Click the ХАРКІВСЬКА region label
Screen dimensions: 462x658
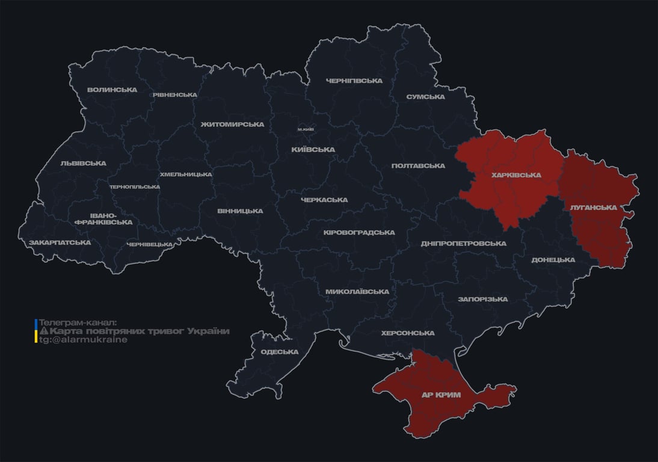(516, 175)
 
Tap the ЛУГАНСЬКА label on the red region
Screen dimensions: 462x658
(593, 208)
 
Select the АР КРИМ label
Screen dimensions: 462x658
(440, 395)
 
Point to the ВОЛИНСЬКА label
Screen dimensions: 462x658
(112, 90)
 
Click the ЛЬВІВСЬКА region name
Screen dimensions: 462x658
(83, 163)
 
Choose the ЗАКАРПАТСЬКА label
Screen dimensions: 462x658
(60, 242)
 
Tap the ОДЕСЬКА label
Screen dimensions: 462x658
(279, 352)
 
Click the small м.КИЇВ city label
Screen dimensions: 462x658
(306, 129)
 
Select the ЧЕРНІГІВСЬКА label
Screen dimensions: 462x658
(354, 81)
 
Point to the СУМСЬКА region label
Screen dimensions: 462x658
(425, 97)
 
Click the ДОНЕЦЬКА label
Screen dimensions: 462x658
(553, 260)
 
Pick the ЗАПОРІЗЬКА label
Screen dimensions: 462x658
(482, 299)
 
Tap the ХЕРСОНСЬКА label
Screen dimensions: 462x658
(407, 333)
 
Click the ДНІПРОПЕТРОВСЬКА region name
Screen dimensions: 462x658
(463, 244)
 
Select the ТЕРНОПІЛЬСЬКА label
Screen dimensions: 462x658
(135, 186)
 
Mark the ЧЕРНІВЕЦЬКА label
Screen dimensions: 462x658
(150, 244)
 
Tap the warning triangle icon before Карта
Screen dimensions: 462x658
(44, 331)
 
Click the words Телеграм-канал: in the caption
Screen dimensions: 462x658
(78, 322)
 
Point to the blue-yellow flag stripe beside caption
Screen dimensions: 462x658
(36, 331)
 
